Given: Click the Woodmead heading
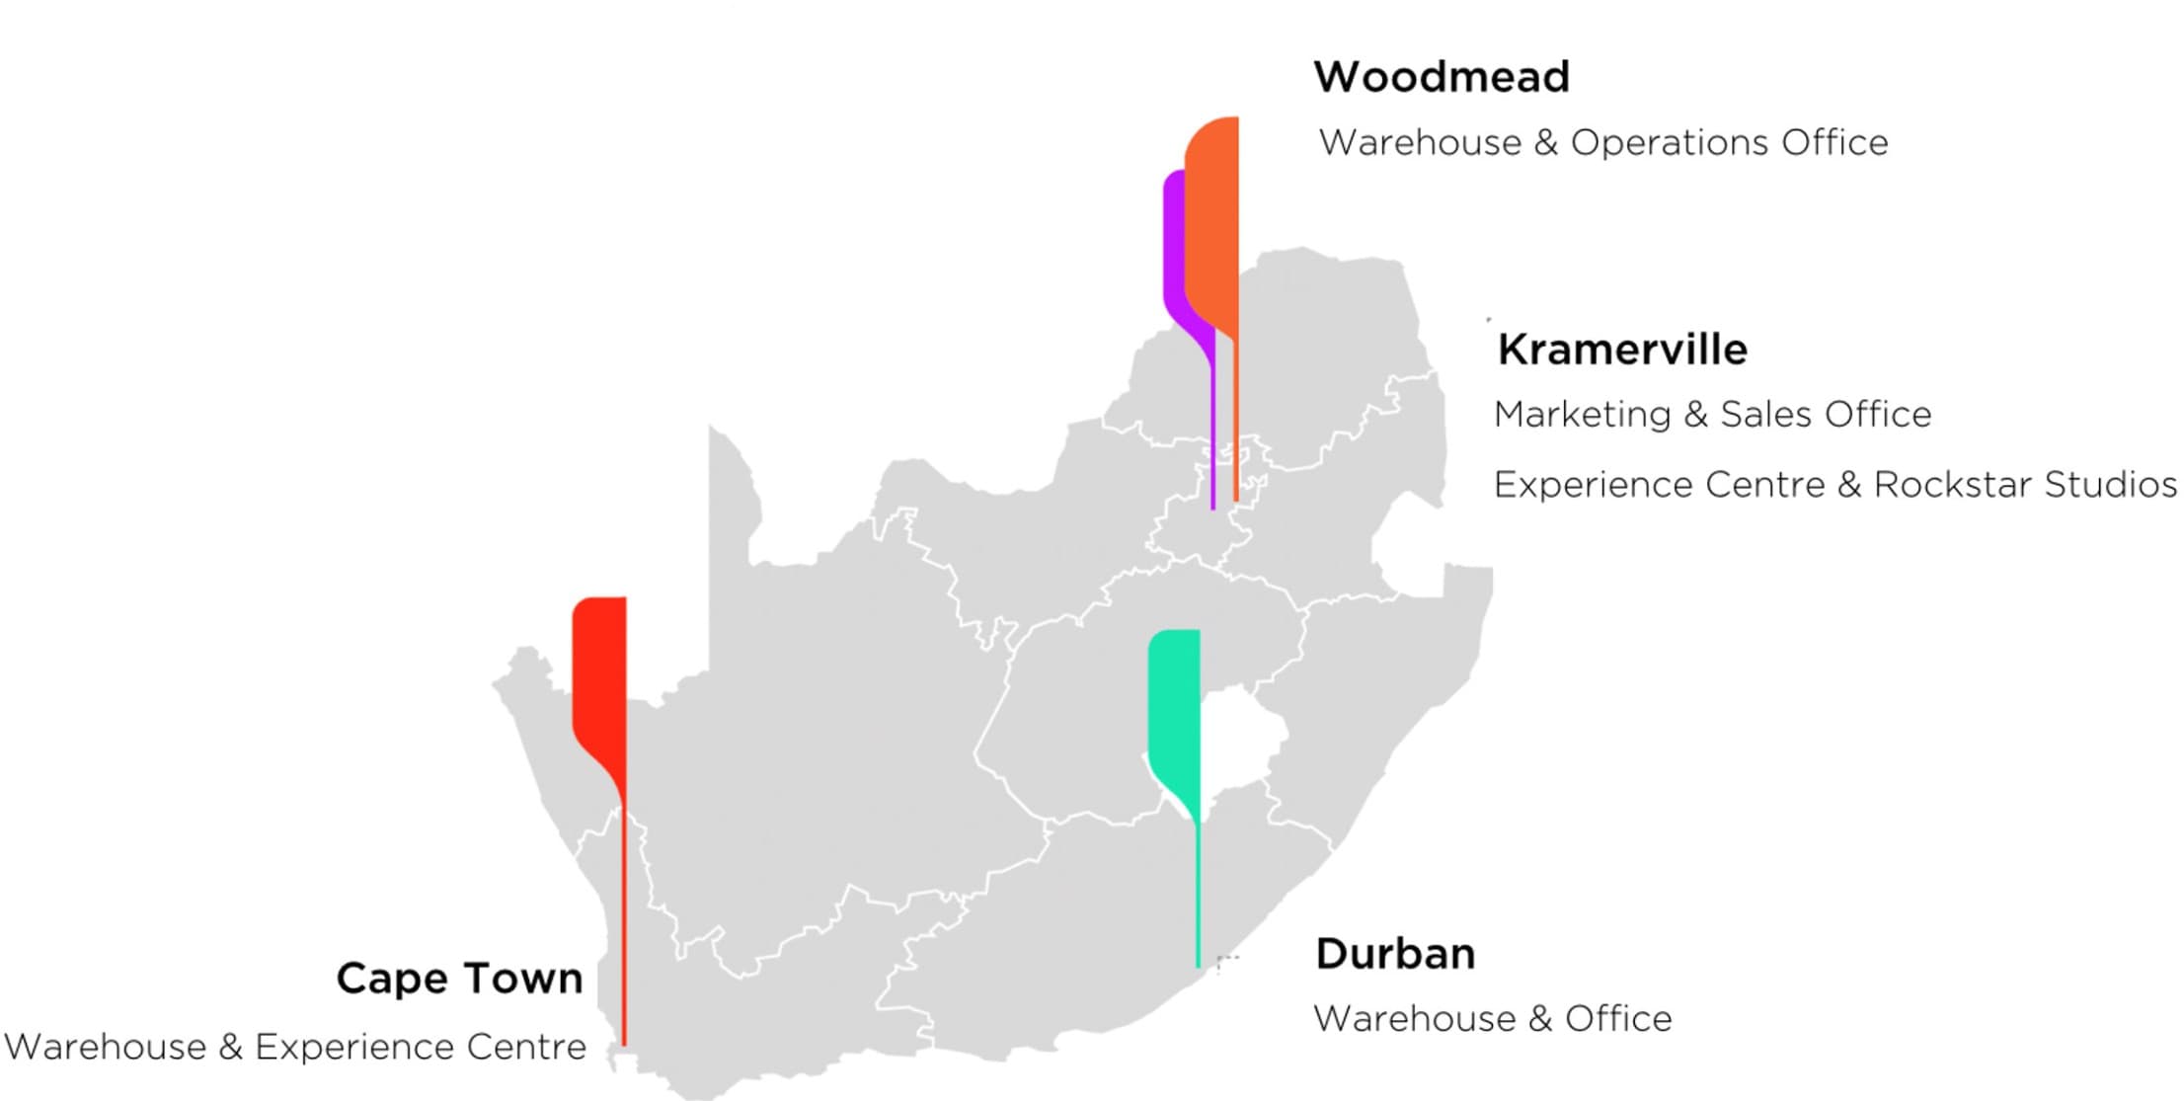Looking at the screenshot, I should (x=1441, y=77).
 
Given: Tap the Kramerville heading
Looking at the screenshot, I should (x=1621, y=350).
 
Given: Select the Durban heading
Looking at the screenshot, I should (x=1394, y=954).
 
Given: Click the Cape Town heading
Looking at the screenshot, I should (x=459, y=979).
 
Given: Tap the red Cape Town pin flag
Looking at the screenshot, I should (x=599, y=671).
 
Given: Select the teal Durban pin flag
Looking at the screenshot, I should (x=1175, y=701).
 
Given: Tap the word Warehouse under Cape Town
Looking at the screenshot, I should (x=106, y=1047).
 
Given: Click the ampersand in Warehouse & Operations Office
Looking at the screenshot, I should (x=1545, y=143).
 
